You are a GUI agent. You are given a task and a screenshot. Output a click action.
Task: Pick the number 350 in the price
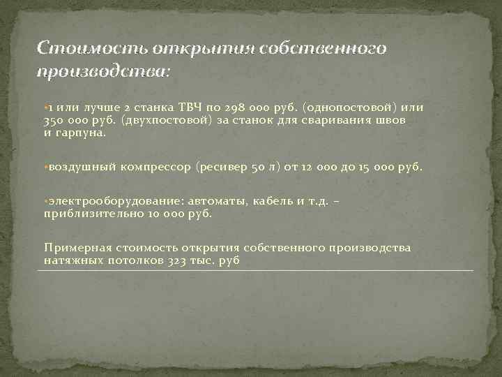54,119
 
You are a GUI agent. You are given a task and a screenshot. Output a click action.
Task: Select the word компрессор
158,168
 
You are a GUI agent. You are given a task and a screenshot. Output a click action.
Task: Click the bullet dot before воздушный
45,168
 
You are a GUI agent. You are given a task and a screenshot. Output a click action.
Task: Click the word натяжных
70,260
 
